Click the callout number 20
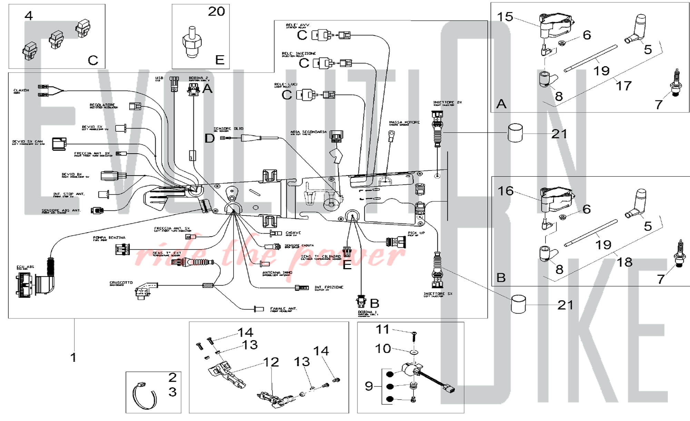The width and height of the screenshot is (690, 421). tap(216, 12)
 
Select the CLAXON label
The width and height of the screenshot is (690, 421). tap(21, 90)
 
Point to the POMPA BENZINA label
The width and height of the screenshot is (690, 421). tap(109, 238)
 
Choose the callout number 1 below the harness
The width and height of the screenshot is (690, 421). tap(73, 357)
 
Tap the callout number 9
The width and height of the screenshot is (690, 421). tap(369, 386)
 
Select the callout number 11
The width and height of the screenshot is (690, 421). tap(382, 329)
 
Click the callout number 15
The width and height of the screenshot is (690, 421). tap(505, 17)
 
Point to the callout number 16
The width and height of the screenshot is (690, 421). tap(505, 191)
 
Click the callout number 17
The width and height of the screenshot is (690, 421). tap(624, 86)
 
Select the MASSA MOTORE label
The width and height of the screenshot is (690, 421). tap(404, 123)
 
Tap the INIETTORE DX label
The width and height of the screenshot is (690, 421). tap(447, 102)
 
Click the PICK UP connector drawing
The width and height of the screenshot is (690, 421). tap(396, 242)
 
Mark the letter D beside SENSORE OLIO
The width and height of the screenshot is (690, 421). tap(209, 138)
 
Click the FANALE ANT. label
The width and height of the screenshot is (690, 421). tap(283, 309)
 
